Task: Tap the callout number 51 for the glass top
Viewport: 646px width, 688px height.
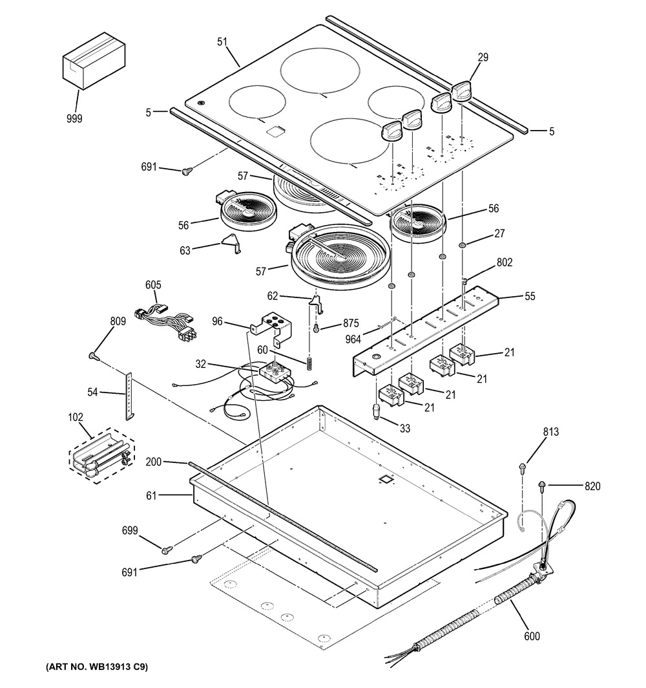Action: tap(222, 42)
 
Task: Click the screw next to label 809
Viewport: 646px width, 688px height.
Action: tap(94, 354)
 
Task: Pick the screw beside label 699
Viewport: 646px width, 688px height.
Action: tap(167, 549)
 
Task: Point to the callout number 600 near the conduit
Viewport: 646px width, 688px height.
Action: tap(532, 636)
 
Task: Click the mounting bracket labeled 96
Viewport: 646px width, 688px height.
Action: tap(269, 327)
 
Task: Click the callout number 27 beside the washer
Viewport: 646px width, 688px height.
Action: tap(498, 234)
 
